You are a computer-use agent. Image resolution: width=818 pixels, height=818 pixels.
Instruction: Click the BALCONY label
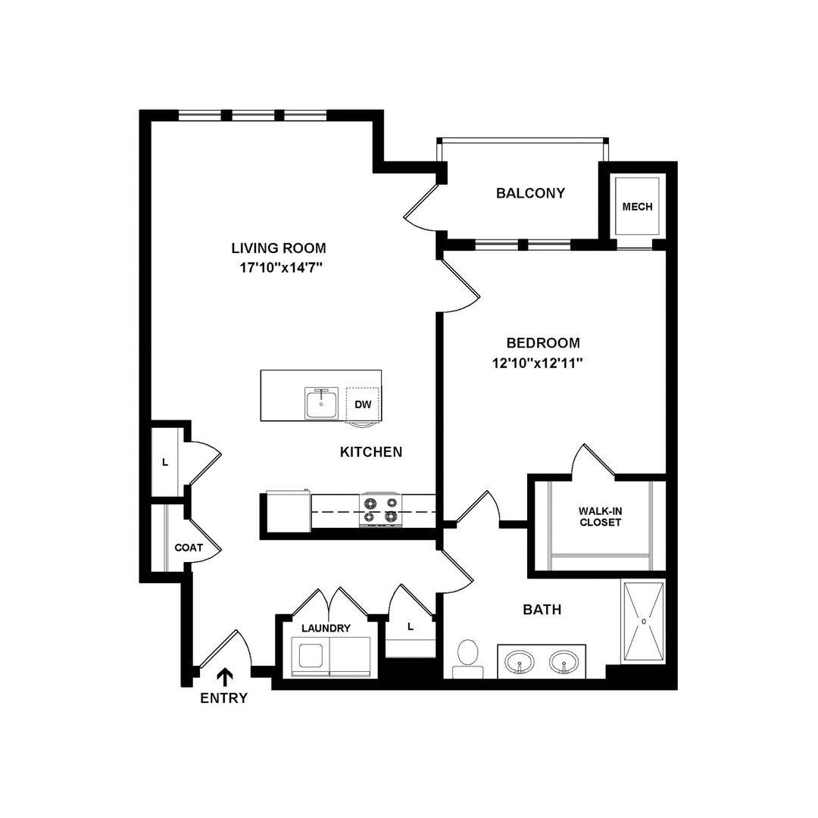point(530,193)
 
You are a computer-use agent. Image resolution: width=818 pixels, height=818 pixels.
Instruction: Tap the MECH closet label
point(637,207)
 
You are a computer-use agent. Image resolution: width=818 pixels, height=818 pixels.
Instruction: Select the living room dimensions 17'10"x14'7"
point(281,267)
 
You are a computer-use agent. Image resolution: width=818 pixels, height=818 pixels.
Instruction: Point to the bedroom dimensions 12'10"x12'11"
point(537,363)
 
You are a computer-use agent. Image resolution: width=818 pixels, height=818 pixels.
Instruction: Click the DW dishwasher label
point(363,404)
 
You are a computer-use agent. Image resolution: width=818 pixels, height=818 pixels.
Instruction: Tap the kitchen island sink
point(321,403)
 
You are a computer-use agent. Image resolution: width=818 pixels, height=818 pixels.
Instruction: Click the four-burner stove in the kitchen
point(381,510)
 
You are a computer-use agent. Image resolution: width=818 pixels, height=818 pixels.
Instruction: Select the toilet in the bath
point(467,658)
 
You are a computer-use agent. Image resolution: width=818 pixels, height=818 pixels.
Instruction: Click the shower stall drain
point(644,621)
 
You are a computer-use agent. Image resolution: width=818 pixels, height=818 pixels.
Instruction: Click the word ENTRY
point(223,698)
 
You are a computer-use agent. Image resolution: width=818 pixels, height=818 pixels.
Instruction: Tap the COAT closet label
point(189,548)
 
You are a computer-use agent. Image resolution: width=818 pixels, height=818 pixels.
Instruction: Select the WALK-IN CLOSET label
point(601,517)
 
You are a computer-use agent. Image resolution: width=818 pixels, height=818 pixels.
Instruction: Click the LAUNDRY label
point(326,628)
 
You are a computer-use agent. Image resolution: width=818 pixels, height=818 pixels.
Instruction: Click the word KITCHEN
point(371,451)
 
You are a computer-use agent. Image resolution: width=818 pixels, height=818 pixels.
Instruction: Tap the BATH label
point(542,609)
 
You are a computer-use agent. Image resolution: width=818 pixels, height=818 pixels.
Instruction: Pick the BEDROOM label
point(543,343)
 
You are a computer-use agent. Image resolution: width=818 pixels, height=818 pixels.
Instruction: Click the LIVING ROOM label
point(279,248)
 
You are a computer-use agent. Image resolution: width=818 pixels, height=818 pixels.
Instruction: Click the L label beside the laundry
point(411,626)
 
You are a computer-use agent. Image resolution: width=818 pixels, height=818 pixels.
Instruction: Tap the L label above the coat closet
point(165,462)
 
